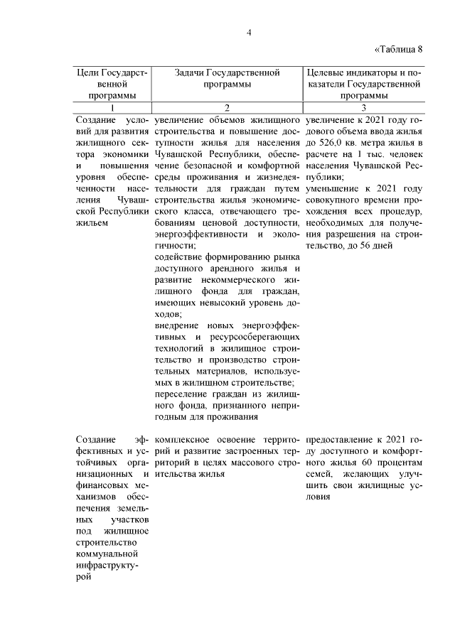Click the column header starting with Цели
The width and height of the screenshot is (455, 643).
pos(112,84)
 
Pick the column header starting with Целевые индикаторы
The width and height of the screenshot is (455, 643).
pos(363,84)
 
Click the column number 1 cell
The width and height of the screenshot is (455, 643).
pos(112,107)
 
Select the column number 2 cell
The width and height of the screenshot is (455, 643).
pos(227,107)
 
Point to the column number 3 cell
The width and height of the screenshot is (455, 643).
pos(363,107)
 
